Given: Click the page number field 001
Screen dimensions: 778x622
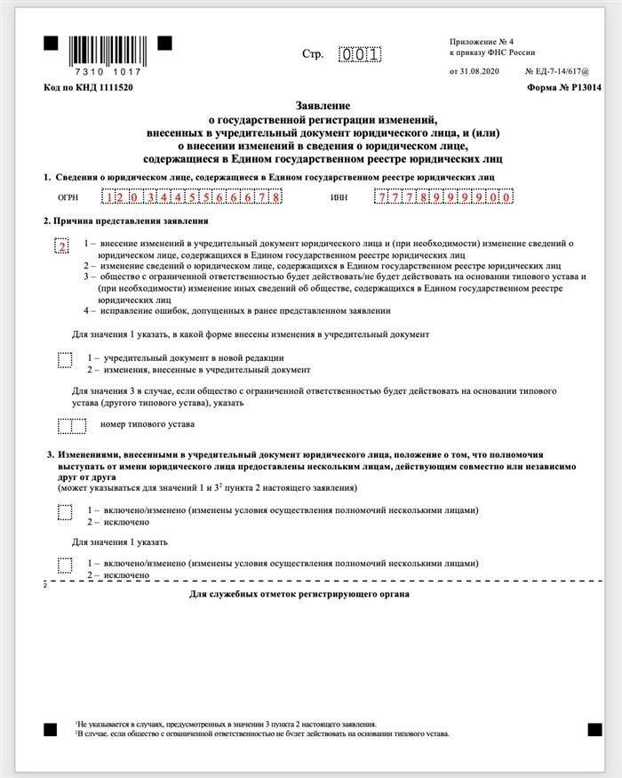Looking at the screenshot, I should pos(360,54).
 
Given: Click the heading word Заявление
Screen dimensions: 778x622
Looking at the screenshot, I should pos(310,105).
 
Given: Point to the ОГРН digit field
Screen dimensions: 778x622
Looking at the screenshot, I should pos(192,197).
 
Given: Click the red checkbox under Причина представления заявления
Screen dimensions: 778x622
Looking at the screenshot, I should pos(62,246).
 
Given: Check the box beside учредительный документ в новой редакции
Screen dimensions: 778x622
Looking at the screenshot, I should pos(65,359).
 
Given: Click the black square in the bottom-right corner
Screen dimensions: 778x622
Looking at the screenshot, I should pos(594,730).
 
